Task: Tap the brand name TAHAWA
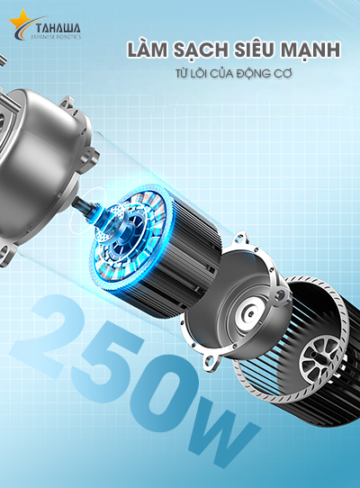pos(58,29)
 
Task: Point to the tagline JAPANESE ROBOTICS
pos(57,37)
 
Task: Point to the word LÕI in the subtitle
pos(198,73)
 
